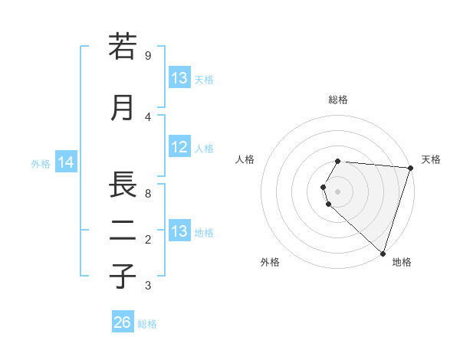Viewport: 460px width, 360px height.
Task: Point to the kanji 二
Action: tap(123, 231)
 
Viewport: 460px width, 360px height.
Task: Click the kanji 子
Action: tap(123, 276)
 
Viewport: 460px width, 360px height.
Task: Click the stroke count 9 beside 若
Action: tap(147, 55)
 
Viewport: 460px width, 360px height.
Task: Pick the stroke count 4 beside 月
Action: tap(147, 116)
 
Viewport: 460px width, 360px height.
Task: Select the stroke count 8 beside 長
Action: tap(147, 194)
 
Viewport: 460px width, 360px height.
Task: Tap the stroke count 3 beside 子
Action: tap(147, 286)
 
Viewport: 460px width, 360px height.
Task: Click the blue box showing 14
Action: tap(66, 162)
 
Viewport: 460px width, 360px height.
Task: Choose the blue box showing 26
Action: tap(122, 322)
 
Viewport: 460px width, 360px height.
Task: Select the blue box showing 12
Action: tap(179, 148)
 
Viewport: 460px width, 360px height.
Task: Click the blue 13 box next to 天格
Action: tap(179, 78)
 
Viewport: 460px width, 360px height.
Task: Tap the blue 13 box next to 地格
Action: tap(179, 231)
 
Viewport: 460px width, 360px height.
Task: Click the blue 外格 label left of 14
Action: tap(41, 163)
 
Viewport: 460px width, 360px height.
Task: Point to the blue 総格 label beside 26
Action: tap(147, 324)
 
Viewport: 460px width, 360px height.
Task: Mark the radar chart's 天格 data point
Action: tap(410, 169)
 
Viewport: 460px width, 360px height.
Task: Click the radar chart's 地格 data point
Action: tap(383, 253)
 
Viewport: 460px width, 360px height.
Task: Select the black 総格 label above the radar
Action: tap(338, 100)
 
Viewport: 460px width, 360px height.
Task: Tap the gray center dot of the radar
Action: tap(338, 191)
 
